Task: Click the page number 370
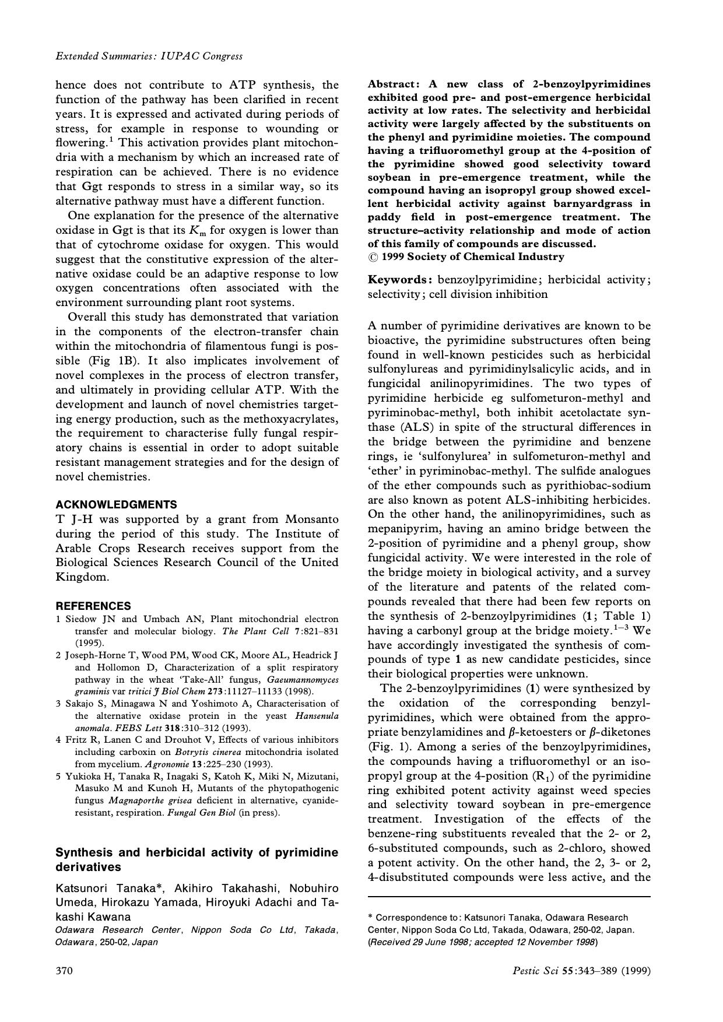64,971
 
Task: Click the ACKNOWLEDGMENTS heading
116,504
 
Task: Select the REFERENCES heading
93,606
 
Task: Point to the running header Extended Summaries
149,57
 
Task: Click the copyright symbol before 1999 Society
373,257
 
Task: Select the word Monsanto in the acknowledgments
312,519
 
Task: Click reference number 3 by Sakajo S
59,704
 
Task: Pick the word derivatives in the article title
88,867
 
